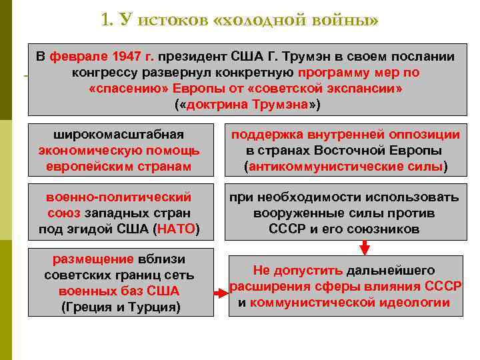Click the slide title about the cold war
(240, 20)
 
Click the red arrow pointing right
(220, 293)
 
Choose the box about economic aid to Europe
(119, 150)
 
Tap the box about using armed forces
(345, 213)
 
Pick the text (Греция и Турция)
(120, 307)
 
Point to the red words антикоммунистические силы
(346, 166)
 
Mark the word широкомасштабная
(119, 134)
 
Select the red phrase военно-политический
(119, 197)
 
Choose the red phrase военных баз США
(119, 291)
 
